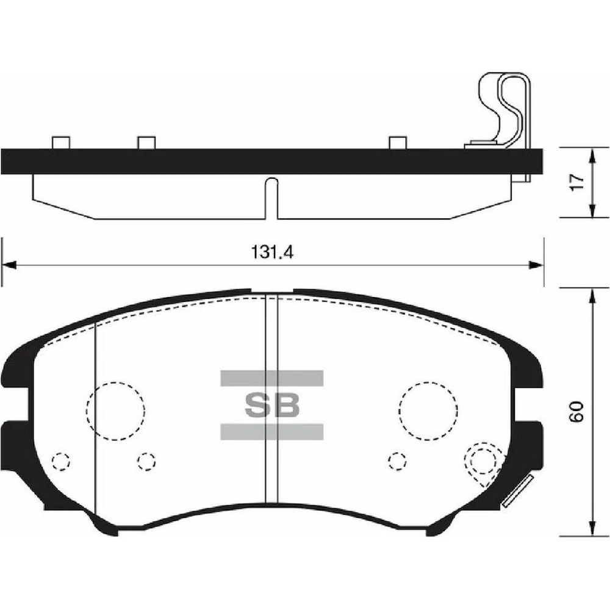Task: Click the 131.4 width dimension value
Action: point(272,252)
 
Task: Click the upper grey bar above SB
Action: point(272,378)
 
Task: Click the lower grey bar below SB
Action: point(272,431)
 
